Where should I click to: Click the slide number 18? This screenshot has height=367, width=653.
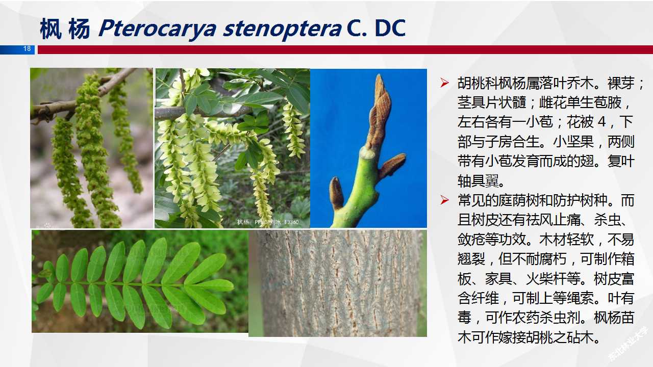pos(27,49)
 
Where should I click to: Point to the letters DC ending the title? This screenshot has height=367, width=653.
pos(390,29)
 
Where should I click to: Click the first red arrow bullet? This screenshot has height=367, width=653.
pos(445,83)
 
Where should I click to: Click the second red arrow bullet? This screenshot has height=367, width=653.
pos(445,200)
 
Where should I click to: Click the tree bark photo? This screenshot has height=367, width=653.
pos(337,283)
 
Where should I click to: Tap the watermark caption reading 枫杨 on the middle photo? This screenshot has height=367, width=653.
pos(243,222)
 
